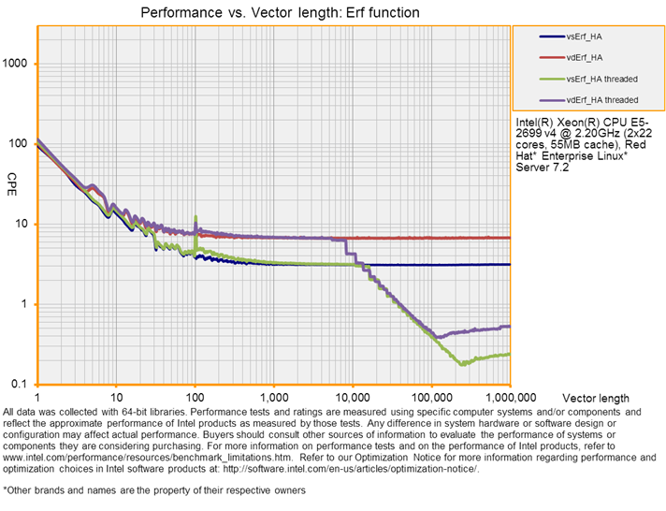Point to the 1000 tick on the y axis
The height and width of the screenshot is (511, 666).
tap(19, 64)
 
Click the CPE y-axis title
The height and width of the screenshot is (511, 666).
tap(12, 178)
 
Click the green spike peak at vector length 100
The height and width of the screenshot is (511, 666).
tap(195, 217)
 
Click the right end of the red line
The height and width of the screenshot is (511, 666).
tap(510, 238)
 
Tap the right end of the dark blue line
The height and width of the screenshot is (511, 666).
tap(510, 265)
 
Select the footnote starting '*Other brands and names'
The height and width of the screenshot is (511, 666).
tap(154, 489)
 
